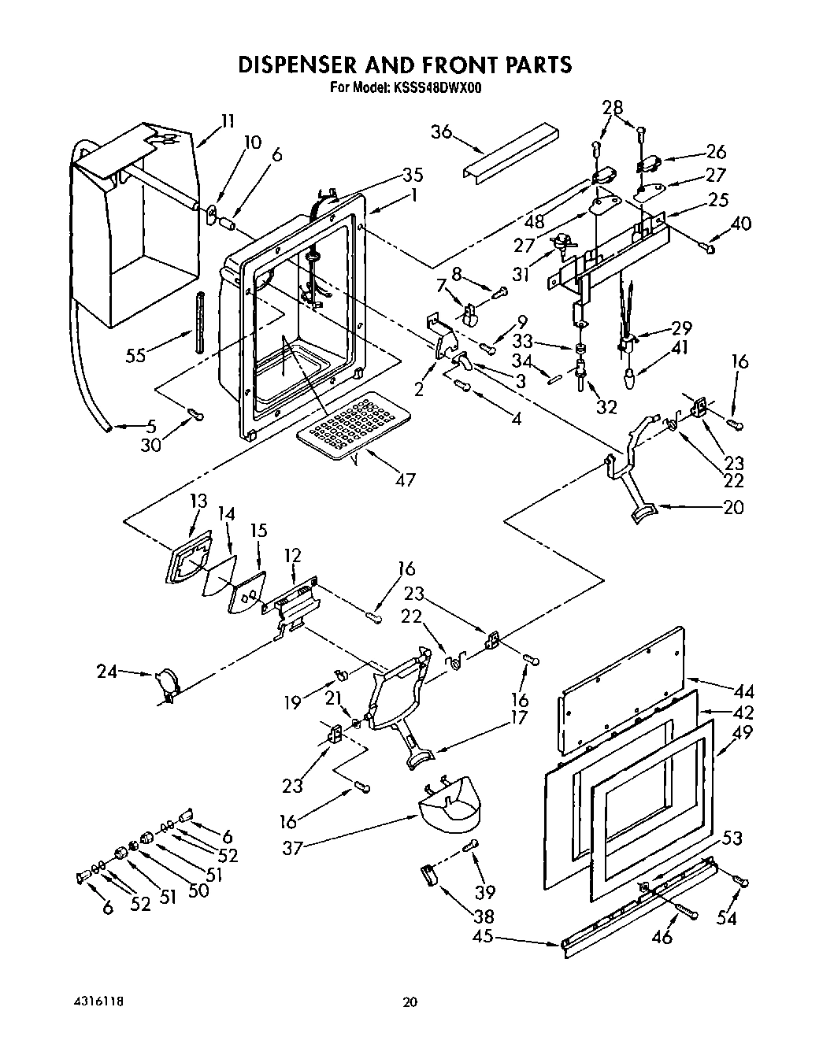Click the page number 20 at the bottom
409,1003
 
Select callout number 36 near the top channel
441,131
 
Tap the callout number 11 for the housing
227,121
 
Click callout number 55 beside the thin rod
136,355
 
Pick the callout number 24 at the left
108,672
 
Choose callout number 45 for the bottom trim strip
483,936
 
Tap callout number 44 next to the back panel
743,692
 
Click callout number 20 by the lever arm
732,508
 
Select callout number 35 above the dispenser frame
413,175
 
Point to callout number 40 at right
741,224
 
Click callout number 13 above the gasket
198,501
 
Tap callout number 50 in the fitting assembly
198,890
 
